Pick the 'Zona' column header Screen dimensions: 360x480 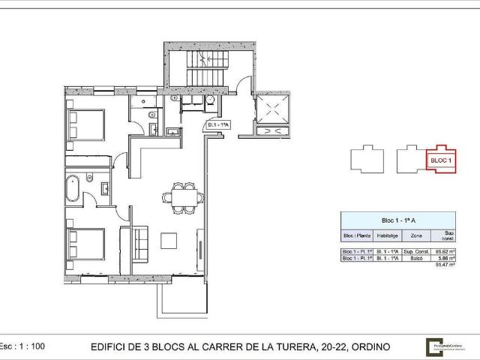pos(415,235)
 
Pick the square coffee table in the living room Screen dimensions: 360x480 pos(169,241)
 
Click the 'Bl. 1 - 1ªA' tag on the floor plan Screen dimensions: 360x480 pos(218,125)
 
